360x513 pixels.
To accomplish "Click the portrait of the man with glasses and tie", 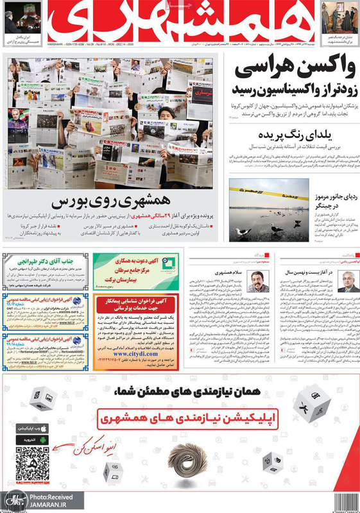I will point(348,280).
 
